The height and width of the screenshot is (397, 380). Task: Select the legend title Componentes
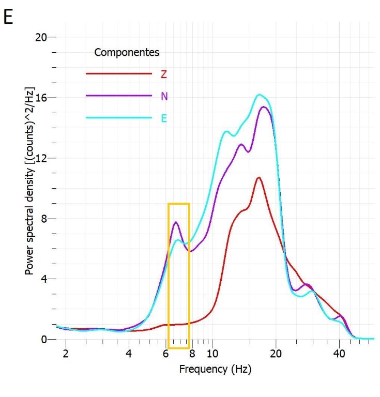(127, 53)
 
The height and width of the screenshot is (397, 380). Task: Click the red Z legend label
(163, 74)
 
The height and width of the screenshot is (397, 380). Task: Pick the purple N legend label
(164, 96)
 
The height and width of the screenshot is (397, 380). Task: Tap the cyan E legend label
(164, 118)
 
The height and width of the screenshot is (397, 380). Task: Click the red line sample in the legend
(118, 74)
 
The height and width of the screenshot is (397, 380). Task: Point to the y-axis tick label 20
(41, 37)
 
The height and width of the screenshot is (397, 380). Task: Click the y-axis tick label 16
(41, 98)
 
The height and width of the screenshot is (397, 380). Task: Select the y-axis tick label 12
(41, 158)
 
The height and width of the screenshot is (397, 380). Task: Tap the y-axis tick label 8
(44, 219)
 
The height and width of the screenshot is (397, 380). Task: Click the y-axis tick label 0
(44, 340)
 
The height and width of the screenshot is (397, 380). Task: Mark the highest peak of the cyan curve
(259, 95)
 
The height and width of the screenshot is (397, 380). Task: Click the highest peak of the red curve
(259, 177)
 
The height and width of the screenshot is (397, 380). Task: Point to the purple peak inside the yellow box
(176, 222)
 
